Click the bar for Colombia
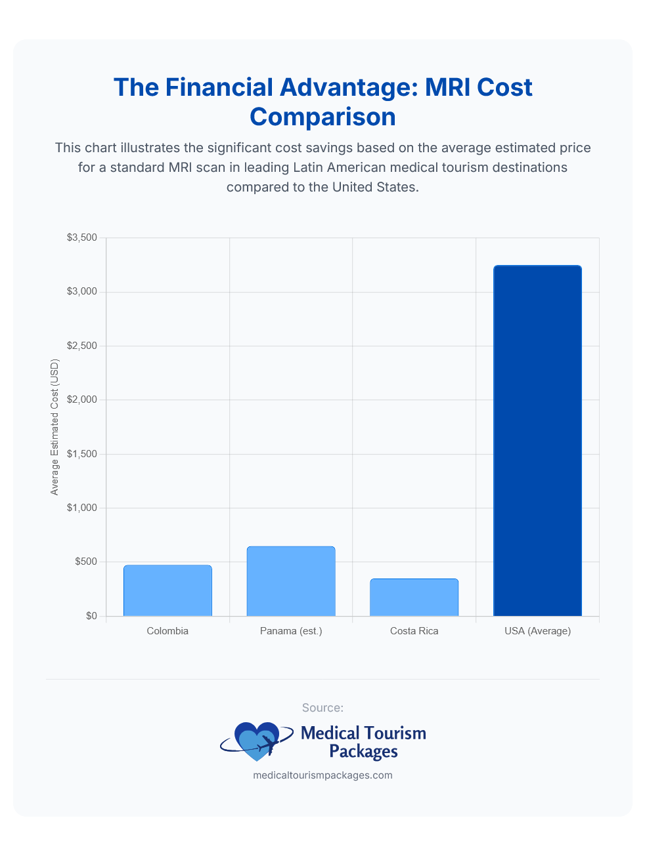tap(167, 590)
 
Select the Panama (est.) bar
tap(291, 581)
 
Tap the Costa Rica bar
tap(414, 598)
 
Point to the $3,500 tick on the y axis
tap(82, 237)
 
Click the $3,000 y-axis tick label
tap(82, 291)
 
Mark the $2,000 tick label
tap(82, 399)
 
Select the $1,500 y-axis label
tap(82, 454)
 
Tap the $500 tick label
tap(85, 561)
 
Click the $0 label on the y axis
tap(91, 616)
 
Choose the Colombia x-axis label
tap(167, 631)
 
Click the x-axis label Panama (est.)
tap(291, 631)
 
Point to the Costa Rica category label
tap(414, 631)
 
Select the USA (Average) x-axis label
tap(537, 631)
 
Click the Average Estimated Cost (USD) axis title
tap(55, 427)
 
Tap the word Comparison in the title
tap(322, 117)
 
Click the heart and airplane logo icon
tap(257, 741)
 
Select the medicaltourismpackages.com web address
tap(322, 775)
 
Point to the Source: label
tap(322, 708)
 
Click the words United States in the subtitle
tap(374, 187)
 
